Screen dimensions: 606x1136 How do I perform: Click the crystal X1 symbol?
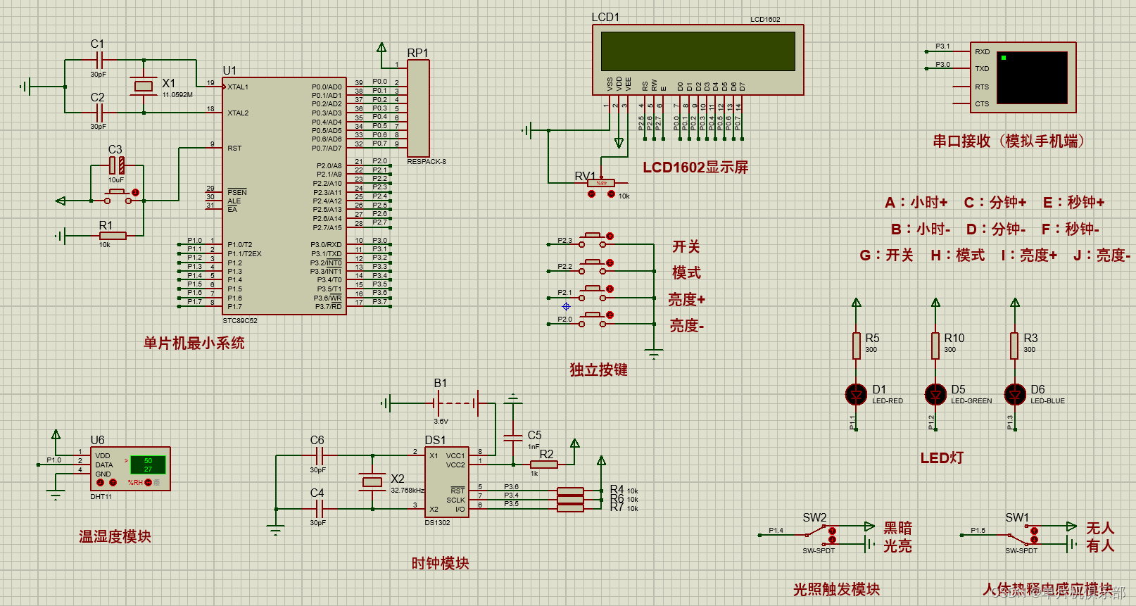(144, 86)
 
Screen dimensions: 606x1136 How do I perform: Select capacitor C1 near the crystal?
(99, 60)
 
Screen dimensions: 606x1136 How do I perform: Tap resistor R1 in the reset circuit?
(113, 236)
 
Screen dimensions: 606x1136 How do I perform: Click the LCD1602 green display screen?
(698, 51)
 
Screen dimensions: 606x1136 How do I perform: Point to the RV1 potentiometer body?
(601, 183)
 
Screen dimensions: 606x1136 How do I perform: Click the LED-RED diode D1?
(856, 394)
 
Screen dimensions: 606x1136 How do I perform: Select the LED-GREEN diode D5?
(935, 394)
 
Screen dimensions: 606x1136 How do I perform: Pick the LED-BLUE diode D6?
(1015, 394)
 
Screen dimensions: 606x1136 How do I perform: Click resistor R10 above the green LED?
(935, 346)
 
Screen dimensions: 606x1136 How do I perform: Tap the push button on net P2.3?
(593, 240)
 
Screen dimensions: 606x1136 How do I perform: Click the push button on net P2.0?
(593, 319)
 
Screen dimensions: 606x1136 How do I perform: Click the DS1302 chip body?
(447, 482)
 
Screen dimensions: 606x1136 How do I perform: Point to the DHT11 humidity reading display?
(148, 465)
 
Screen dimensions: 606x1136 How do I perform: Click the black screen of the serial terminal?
(1033, 77)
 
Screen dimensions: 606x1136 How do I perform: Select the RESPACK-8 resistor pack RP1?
(418, 108)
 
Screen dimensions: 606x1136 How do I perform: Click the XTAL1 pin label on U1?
(238, 87)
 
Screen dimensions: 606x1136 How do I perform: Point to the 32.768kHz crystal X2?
(372, 482)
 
